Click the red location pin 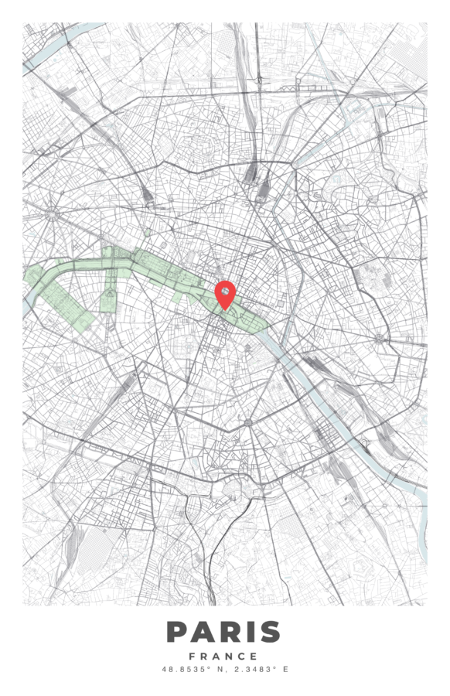click(x=224, y=293)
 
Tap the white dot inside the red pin click(x=224, y=291)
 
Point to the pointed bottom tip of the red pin click(x=224, y=309)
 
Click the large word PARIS click(x=224, y=632)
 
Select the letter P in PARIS click(x=177, y=632)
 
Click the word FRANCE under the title click(x=224, y=657)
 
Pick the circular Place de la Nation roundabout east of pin click(x=378, y=338)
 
